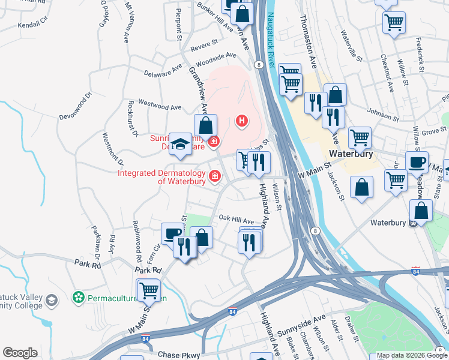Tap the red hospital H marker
(x=242, y=121)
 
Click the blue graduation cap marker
(x=180, y=143)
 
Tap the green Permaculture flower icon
(x=77, y=297)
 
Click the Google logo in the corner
(x=20, y=353)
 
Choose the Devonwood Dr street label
(x=75, y=106)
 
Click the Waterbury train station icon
(x=412, y=223)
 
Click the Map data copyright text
(x=408, y=355)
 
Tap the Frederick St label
(x=422, y=52)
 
